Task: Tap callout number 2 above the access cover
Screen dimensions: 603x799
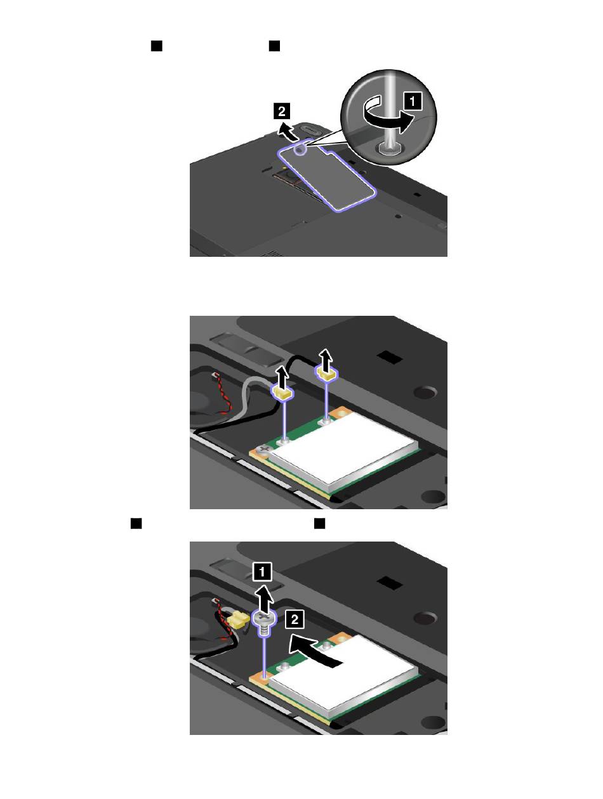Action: click(x=281, y=111)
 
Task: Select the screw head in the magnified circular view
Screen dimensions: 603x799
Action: click(x=388, y=148)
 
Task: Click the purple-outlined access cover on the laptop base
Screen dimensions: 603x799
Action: click(x=326, y=175)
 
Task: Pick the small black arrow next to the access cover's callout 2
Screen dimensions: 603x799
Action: click(x=287, y=131)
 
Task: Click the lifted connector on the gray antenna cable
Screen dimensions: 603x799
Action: click(x=282, y=393)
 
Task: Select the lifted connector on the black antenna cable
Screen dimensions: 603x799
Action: click(x=326, y=372)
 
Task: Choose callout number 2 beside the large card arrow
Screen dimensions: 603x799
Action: click(x=295, y=619)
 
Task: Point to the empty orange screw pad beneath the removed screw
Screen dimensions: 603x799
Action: click(x=260, y=677)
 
